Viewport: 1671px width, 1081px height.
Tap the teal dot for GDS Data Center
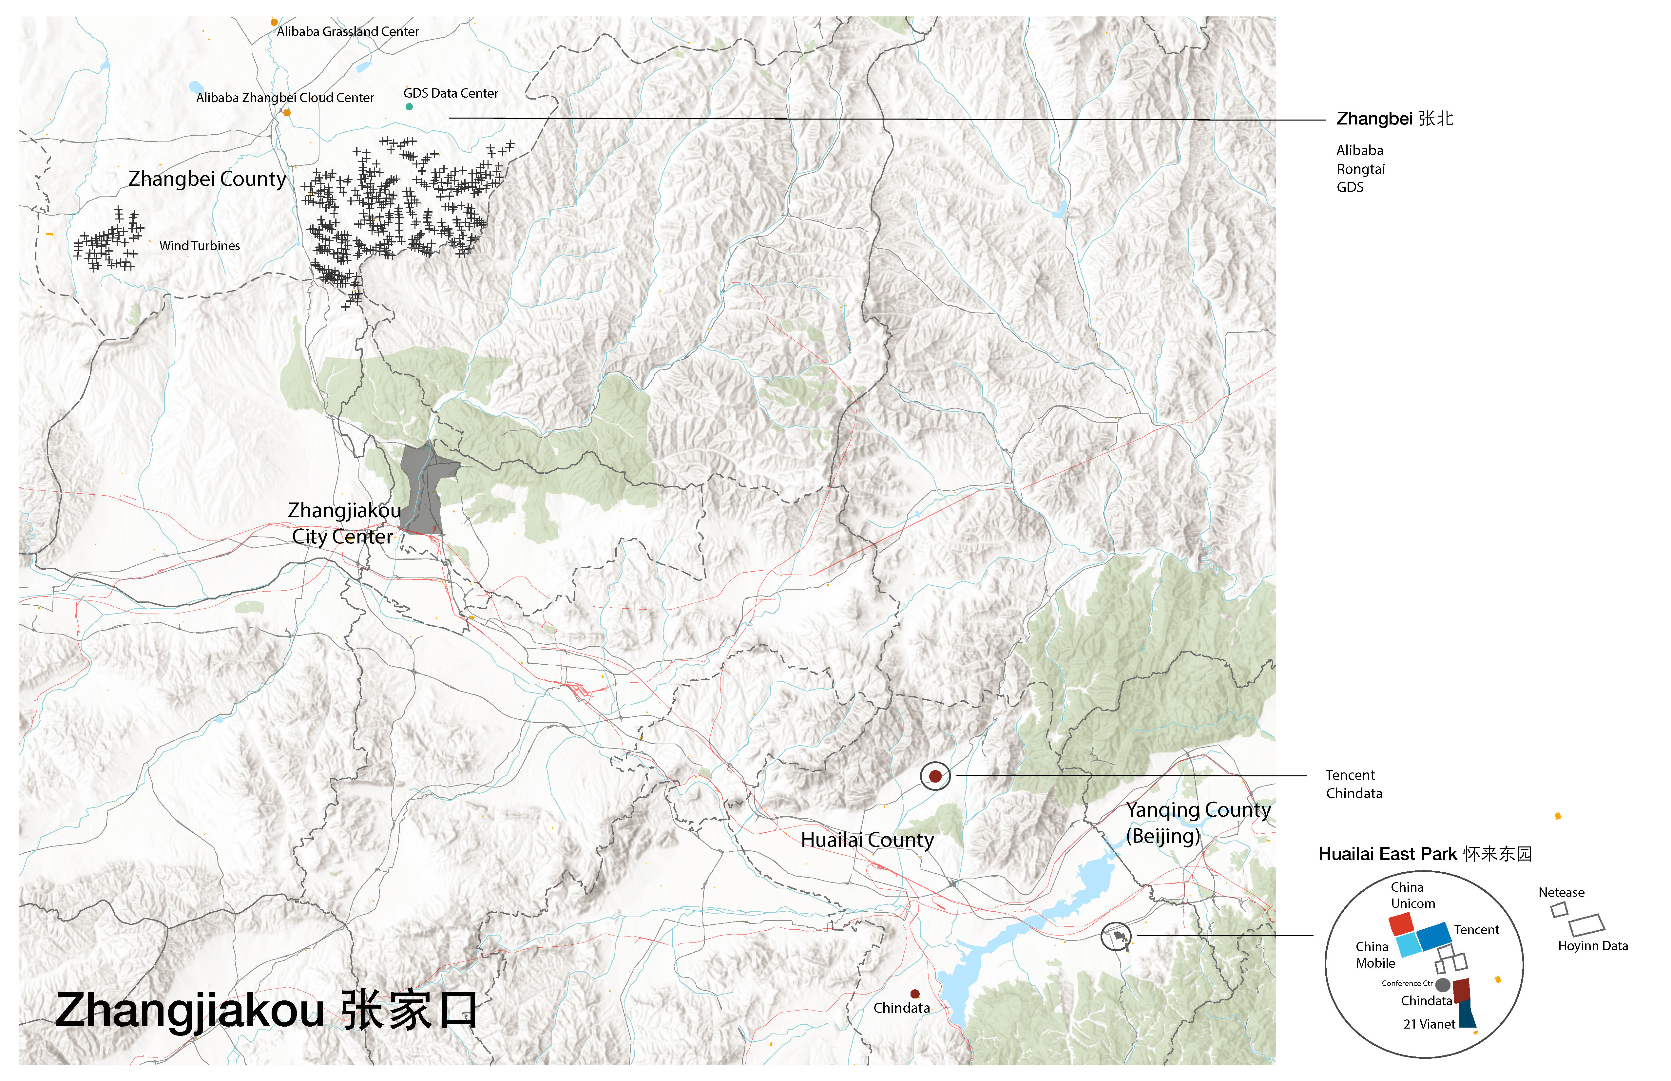(409, 107)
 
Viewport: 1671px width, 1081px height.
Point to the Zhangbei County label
(207, 179)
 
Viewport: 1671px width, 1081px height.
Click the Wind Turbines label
(200, 246)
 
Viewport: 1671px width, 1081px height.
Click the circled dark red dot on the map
(935, 776)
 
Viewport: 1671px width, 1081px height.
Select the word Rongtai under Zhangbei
(1361, 169)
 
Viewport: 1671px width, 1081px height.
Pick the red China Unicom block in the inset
(1401, 924)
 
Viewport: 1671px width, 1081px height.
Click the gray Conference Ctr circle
(1443, 985)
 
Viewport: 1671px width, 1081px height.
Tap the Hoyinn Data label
(1592, 946)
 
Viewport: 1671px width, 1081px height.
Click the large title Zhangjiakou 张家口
(265, 1011)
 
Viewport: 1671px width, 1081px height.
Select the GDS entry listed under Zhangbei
(1350, 187)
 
